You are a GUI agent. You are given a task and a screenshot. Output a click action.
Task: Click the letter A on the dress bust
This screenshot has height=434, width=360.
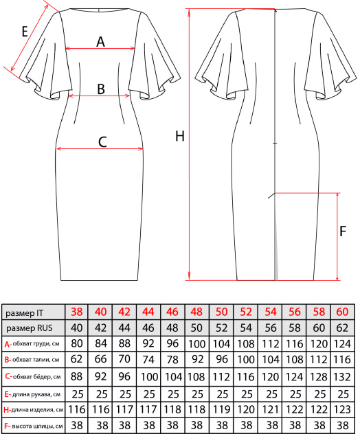click(100, 42)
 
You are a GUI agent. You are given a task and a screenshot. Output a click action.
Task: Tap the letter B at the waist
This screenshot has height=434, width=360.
click(101, 89)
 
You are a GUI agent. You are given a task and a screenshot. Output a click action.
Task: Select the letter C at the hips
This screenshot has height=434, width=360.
click(102, 142)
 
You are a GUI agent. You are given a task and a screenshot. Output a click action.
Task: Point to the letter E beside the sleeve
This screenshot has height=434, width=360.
click(25, 32)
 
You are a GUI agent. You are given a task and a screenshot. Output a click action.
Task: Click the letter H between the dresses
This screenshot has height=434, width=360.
click(180, 136)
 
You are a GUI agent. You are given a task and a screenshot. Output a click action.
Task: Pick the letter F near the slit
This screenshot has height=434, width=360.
click(343, 231)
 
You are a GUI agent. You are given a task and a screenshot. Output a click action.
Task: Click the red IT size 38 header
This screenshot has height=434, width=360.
click(77, 312)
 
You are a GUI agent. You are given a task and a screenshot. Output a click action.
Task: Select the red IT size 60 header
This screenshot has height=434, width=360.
click(342, 312)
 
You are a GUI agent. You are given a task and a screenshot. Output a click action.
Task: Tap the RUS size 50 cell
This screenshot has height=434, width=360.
click(196, 328)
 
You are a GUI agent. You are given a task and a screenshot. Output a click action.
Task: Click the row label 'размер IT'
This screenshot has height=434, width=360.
click(25, 313)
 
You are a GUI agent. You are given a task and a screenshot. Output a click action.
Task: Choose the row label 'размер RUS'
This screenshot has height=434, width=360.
click(30, 328)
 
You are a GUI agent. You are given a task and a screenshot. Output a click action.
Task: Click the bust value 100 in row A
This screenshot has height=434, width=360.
click(196, 344)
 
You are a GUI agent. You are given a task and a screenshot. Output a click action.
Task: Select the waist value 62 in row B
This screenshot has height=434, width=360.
click(77, 359)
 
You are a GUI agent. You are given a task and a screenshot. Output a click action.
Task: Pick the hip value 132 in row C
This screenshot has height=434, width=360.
click(342, 377)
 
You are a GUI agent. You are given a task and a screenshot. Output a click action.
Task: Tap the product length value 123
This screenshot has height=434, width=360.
click(342, 409)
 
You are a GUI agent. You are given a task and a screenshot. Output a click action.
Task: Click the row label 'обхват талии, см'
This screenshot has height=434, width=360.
click(36, 360)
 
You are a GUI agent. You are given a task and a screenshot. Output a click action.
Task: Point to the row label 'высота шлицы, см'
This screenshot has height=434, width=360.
click(37, 426)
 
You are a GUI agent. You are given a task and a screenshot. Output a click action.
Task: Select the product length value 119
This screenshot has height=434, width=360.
click(221, 409)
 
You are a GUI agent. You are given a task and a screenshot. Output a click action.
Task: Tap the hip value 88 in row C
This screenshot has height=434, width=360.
click(77, 377)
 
